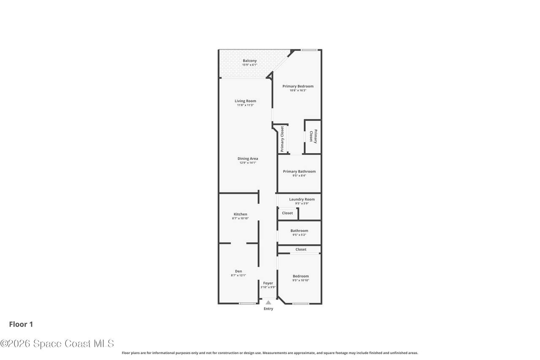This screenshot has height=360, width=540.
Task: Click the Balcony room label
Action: pyautogui.click(x=249, y=61)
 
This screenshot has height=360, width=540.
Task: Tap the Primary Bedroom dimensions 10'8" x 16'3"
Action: pyautogui.click(x=298, y=90)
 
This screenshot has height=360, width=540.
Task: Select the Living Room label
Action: pyautogui.click(x=246, y=101)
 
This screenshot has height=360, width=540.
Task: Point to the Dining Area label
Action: pyautogui.click(x=248, y=159)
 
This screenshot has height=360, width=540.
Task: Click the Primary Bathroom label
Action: pyautogui.click(x=299, y=171)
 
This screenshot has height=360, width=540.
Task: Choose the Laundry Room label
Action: pyautogui.click(x=302, y=199)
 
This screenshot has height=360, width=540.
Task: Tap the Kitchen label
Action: pyautogui.click(x=240, y=214)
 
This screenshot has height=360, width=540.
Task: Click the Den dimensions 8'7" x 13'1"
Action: pyautogui.click(x=238, y=275)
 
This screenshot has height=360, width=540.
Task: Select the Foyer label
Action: pyautogui.click(x=268, y=283)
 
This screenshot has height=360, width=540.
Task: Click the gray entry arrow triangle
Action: pyautogui.click(x=268, y=302)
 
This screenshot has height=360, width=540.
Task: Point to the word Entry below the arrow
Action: pyautogui.click(x=268, y=309)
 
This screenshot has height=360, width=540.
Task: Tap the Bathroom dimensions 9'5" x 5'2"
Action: pyautogui.click(x=299, y=235)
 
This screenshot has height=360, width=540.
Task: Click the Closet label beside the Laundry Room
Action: pyautogui.click(x=287, y=213)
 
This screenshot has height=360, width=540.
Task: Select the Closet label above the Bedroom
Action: pyautogui.click(x=301, y=249)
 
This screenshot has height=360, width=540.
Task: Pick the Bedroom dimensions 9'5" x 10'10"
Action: pyautogui.click(x=301, y=280)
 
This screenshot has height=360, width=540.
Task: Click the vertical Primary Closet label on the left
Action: pyautogui.click(x=282, y=139)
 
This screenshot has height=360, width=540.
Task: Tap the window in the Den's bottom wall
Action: pyautogui.click(x=247, y=303)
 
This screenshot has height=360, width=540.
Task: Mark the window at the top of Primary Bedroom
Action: pyautogui.click(x=309, y=50)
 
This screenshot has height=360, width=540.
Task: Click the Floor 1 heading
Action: pyautogui.click(x=21, y=324)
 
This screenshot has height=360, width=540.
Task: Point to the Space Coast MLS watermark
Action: pyautogui.click(x=57, y=344)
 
